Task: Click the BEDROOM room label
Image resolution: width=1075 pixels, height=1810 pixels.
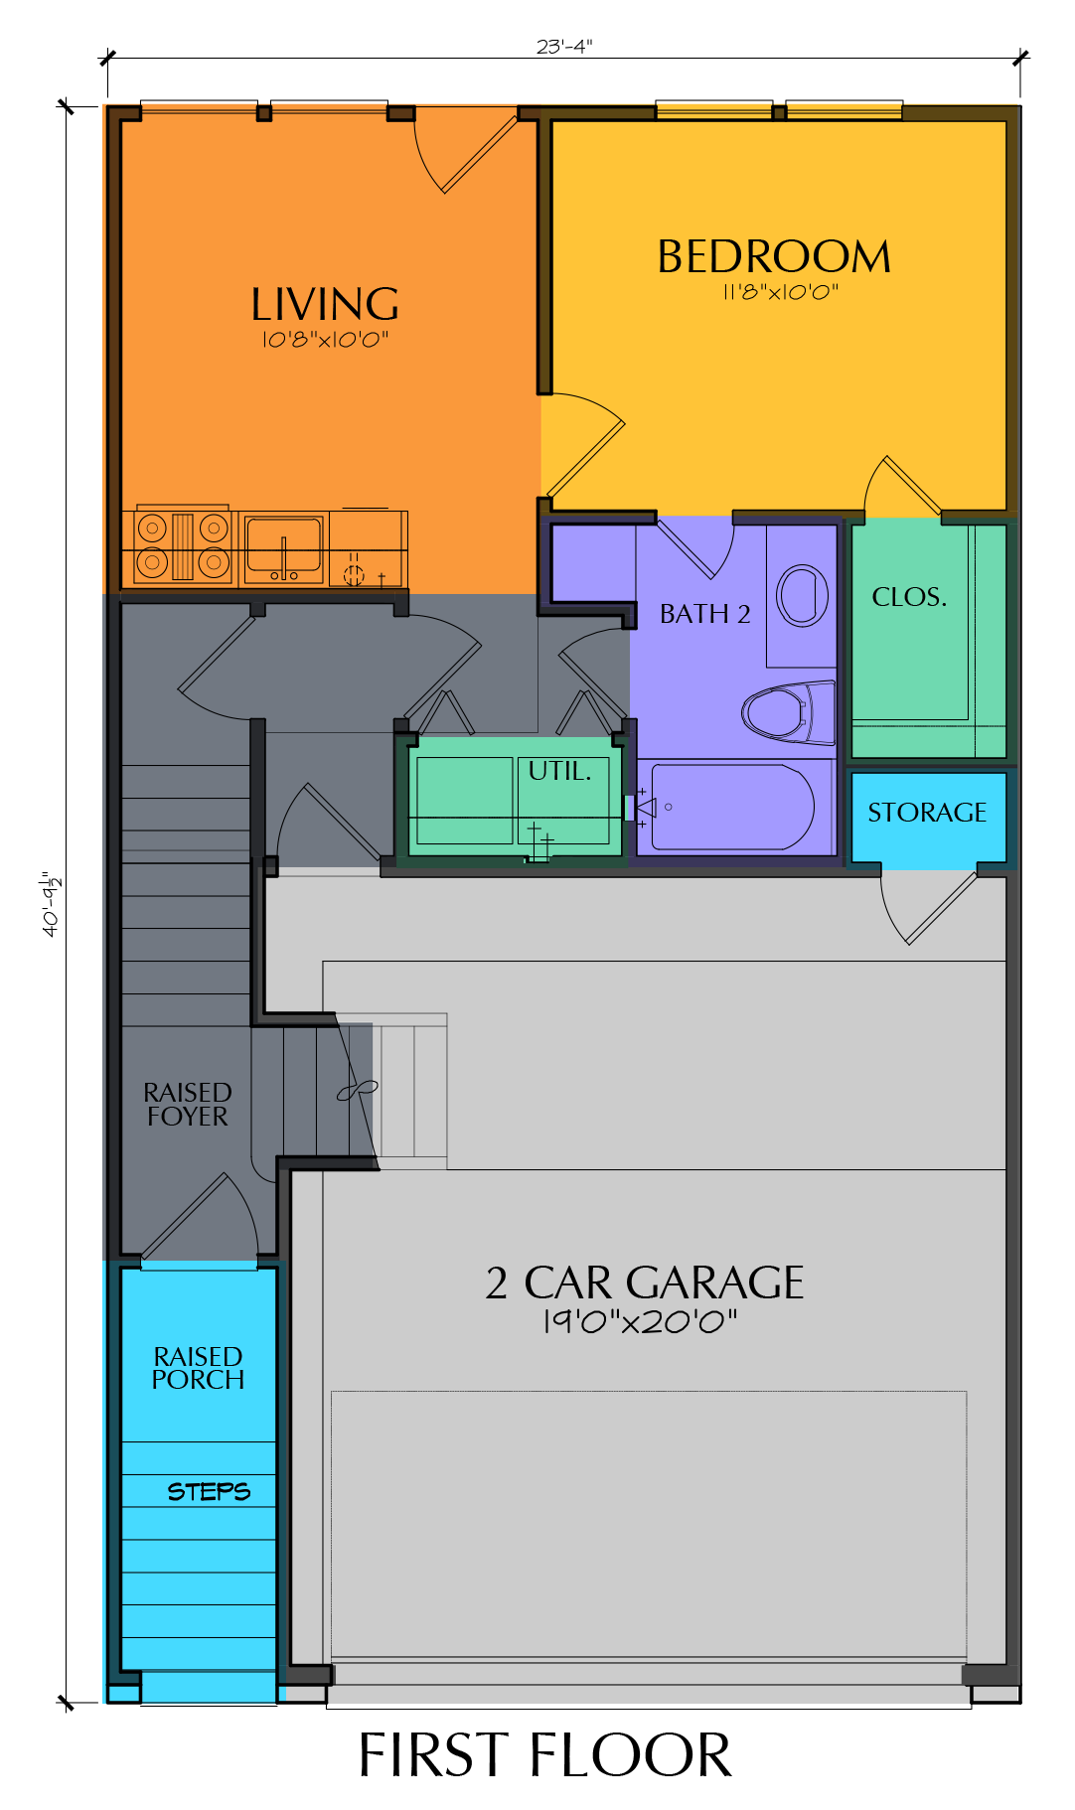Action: [x=773, y=256]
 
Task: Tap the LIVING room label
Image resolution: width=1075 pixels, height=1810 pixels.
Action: [x=325, y=304]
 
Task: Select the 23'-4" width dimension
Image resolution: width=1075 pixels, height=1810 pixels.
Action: [x=564, y=46]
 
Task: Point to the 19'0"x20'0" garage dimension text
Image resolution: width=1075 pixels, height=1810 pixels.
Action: [x=640, y=1321]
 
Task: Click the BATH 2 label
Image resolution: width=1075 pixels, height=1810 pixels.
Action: [x=705, y=614]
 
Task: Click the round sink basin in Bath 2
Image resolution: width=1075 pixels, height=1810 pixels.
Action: [x=802, y=596]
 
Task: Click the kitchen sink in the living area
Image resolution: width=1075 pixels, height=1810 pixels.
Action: [x=284, y=548]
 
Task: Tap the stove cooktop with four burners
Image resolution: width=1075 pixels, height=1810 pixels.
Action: [x=183, y=546]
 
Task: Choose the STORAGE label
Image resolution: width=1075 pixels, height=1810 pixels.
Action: [x=927, y=813]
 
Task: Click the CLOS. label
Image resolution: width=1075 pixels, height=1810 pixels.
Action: [x=909, y=597]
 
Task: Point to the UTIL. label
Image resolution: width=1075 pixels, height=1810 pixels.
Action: [x=559, y=771]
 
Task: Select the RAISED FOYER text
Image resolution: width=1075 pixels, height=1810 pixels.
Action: [x=188, y=1105]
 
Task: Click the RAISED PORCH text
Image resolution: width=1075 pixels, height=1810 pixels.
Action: [x=198, y=1368]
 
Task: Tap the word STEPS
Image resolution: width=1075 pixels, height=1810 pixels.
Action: [x=209, y=1491]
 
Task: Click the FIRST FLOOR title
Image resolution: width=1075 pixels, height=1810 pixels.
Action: [x=544, y=1755]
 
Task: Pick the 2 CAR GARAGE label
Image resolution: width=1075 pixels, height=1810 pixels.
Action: [x=644, y=1282]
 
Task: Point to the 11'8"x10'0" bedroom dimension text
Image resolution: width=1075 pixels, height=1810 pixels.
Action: [x=780, y=292]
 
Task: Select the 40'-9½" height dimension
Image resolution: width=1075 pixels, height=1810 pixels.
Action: [x=52, y=903]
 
